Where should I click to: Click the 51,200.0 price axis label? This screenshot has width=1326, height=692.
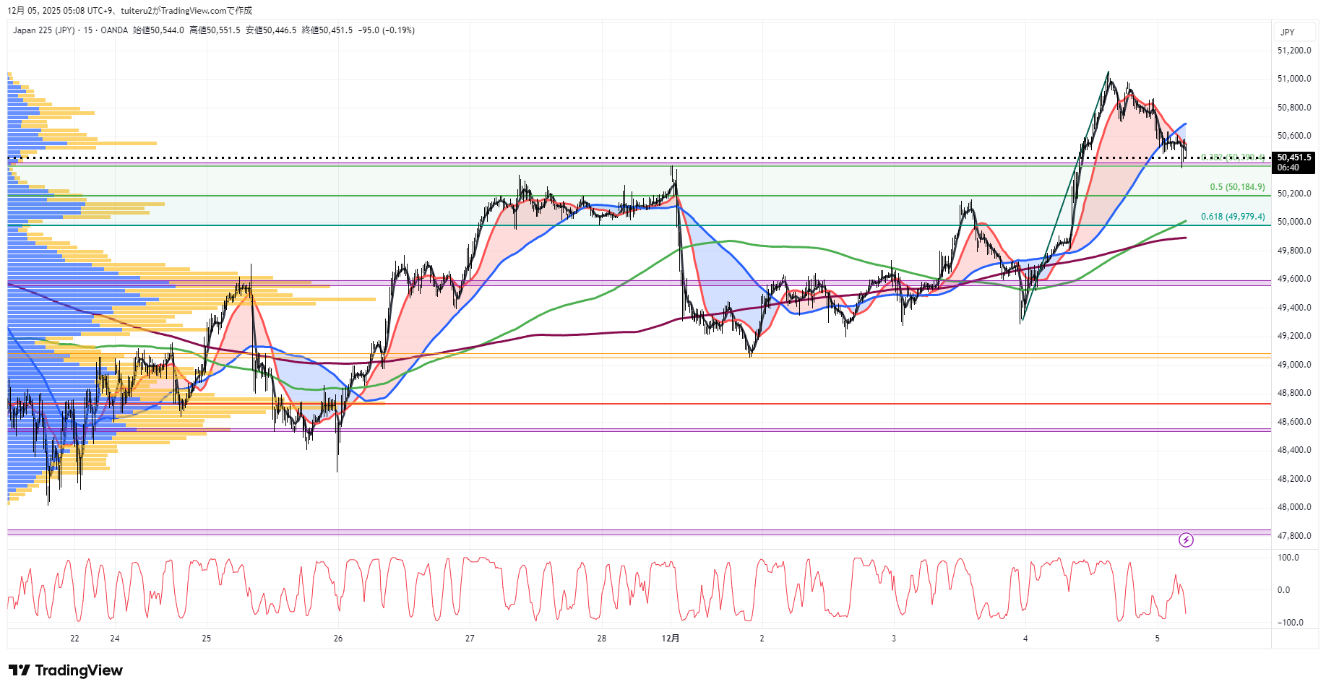tap(1293, 51)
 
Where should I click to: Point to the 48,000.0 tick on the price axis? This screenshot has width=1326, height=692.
tap(1293, 507)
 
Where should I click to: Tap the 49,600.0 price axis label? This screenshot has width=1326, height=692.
tap(1293, 279)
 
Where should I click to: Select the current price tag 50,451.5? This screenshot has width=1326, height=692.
tap(1293, 157)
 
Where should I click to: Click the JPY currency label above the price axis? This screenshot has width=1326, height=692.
tap(1287, 33)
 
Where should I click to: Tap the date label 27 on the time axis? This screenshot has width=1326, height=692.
tap(470, 639)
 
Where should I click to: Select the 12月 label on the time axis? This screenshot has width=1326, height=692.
tap(671, 639)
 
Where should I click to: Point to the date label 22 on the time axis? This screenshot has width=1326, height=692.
tap(74, 639)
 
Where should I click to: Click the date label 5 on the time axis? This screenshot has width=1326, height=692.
tap(1157, 639)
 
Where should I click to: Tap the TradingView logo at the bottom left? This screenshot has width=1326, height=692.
tap(66, 670)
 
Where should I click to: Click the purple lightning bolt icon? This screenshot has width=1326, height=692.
tap(1186, 540)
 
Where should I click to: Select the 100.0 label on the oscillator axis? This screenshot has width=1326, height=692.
tap(1288, 558)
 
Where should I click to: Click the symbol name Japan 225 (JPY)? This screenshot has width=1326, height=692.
tap(43, 30)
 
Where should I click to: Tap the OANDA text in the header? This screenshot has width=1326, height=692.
tap(114, 30)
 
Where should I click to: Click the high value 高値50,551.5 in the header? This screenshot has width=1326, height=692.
tap(215, 30)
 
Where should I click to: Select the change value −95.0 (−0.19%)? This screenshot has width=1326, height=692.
tap(387, 30)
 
